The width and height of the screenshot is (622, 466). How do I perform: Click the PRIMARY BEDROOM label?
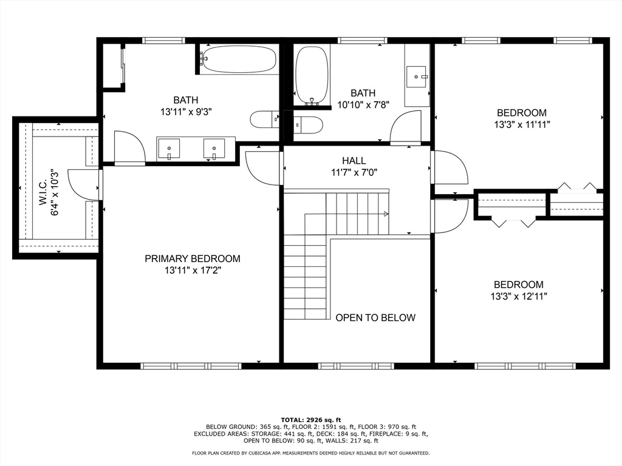pos(192,258)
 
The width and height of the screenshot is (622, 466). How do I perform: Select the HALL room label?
pos(354,161)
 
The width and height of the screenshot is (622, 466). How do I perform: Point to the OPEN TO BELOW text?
pos(375,318)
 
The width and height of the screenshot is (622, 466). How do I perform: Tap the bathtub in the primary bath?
pos(238,59)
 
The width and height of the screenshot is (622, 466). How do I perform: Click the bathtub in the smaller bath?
pos(312,75)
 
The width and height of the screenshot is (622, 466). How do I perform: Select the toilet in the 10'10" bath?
pos(308,124)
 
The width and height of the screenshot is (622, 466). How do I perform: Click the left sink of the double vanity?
pos(168,148)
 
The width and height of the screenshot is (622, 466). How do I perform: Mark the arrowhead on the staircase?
pos(386,214)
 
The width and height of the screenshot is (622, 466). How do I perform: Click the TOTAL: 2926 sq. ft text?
pos(310,420)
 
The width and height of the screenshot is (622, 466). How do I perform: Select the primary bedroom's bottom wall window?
pos(191,366)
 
